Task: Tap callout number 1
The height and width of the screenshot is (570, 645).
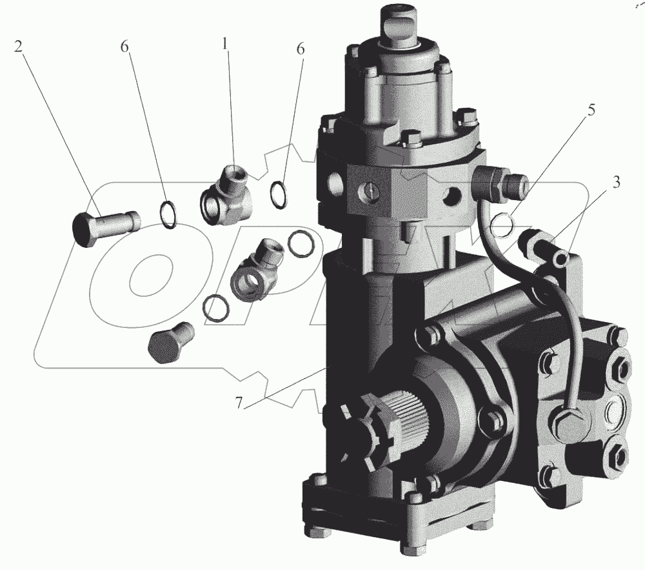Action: [x=224, y=45]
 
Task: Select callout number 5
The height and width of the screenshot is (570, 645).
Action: [x=591, y=110]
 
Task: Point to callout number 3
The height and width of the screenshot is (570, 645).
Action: [x=615, y=182]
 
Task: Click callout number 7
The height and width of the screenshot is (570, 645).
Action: [x=239, y=403]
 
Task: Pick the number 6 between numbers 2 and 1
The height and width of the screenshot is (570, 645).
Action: [x=124, y=47]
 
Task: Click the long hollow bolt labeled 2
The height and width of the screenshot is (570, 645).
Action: [x=106, y=228]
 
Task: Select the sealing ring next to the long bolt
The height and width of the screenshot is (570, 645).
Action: [x=168, y=214]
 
